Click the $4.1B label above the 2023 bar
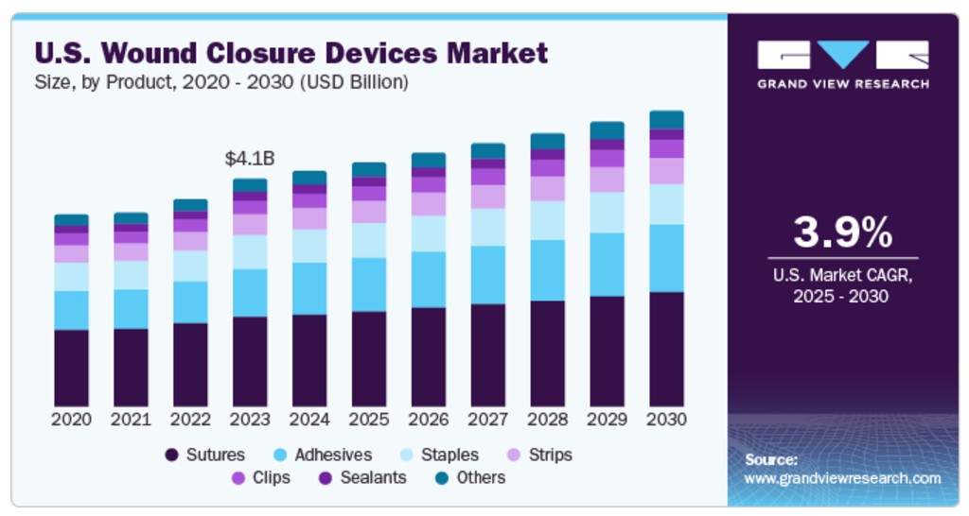point(250,159)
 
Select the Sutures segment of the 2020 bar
point(72,368)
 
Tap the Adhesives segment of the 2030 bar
point(667,258)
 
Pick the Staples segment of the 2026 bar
point(429,233)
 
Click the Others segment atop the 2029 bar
point(608,130)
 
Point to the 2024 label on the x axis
point(309,419)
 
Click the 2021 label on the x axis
point(131,419)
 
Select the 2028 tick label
point(548,419)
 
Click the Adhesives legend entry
point(322,455)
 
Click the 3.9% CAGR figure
point(842,232)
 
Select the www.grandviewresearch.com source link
point(842,478)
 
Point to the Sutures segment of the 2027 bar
point(488,355)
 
